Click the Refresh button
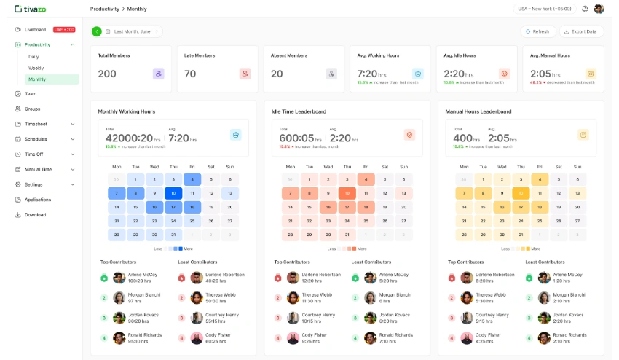coord(537,31)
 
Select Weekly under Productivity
coord(36,68)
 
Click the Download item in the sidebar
coord(35,215)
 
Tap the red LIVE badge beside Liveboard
coord(64,30)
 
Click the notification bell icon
coord(585,9)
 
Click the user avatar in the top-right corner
coord(599,9)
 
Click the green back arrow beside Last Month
coord(96,31)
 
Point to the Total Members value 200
coord(107,74)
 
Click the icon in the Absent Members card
coord(331,74)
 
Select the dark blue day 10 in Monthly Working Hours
coord(173,193)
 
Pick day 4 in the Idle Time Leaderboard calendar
coord(366,179)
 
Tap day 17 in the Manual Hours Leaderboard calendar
coord(520,207)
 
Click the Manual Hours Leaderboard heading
coord(478,111)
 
